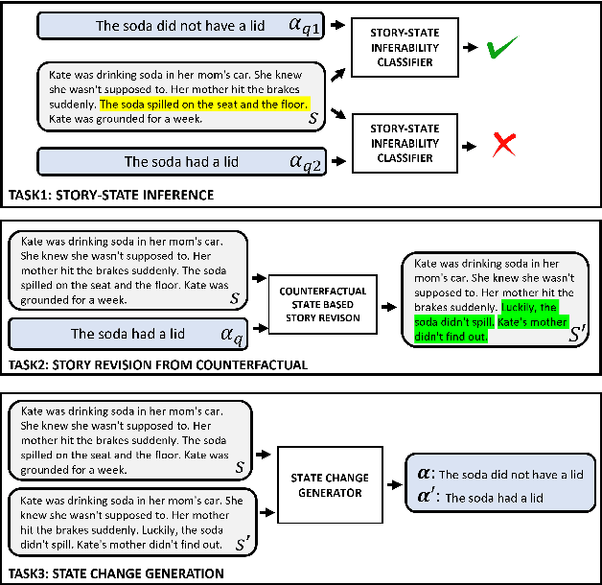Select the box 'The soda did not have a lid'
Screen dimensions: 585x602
coord(182,26)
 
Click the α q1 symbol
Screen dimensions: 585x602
coord(308,26)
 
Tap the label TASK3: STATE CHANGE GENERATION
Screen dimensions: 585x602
coord(115,573)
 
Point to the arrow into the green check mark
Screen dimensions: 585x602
coord(471,46)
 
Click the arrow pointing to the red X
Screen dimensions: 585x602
coord(471,145)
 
